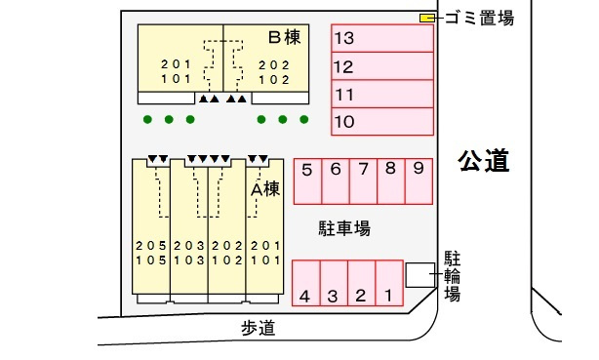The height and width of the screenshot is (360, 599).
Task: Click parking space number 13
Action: (381, 39)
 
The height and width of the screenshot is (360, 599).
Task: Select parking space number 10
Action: (381, 122)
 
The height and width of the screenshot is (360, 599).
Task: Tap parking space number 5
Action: (307, 181)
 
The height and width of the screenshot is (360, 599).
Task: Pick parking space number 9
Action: (418, 181)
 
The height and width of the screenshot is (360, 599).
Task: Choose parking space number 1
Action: (388, 284)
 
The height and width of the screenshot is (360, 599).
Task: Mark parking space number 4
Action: (305, 284)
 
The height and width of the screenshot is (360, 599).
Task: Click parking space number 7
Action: (362, 181)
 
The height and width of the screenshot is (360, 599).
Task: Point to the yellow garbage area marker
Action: (427, 18)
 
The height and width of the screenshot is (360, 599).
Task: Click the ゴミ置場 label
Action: (478, 18)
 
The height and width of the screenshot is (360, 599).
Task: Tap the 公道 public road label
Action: (484, 161)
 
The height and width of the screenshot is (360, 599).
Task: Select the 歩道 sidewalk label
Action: (258, 329)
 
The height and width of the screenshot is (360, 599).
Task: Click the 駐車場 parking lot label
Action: (344, 229)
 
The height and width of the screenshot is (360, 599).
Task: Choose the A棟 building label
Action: (265, 189)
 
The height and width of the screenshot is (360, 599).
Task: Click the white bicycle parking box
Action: (420, 275)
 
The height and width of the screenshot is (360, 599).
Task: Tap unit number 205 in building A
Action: (150, 246)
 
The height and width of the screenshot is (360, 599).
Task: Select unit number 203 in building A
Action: (188, 246)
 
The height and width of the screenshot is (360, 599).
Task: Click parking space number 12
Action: (381, 66)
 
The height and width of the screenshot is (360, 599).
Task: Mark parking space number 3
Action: (333, 284)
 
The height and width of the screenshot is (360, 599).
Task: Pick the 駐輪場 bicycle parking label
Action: (453, 276)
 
